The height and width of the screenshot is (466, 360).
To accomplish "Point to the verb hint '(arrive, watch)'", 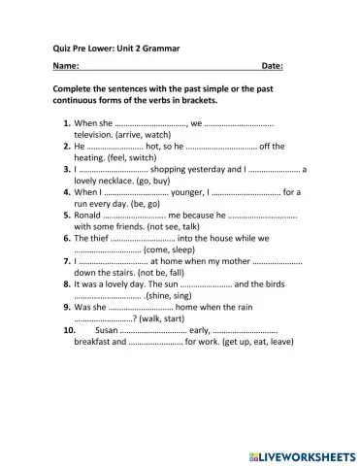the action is point(146,136).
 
